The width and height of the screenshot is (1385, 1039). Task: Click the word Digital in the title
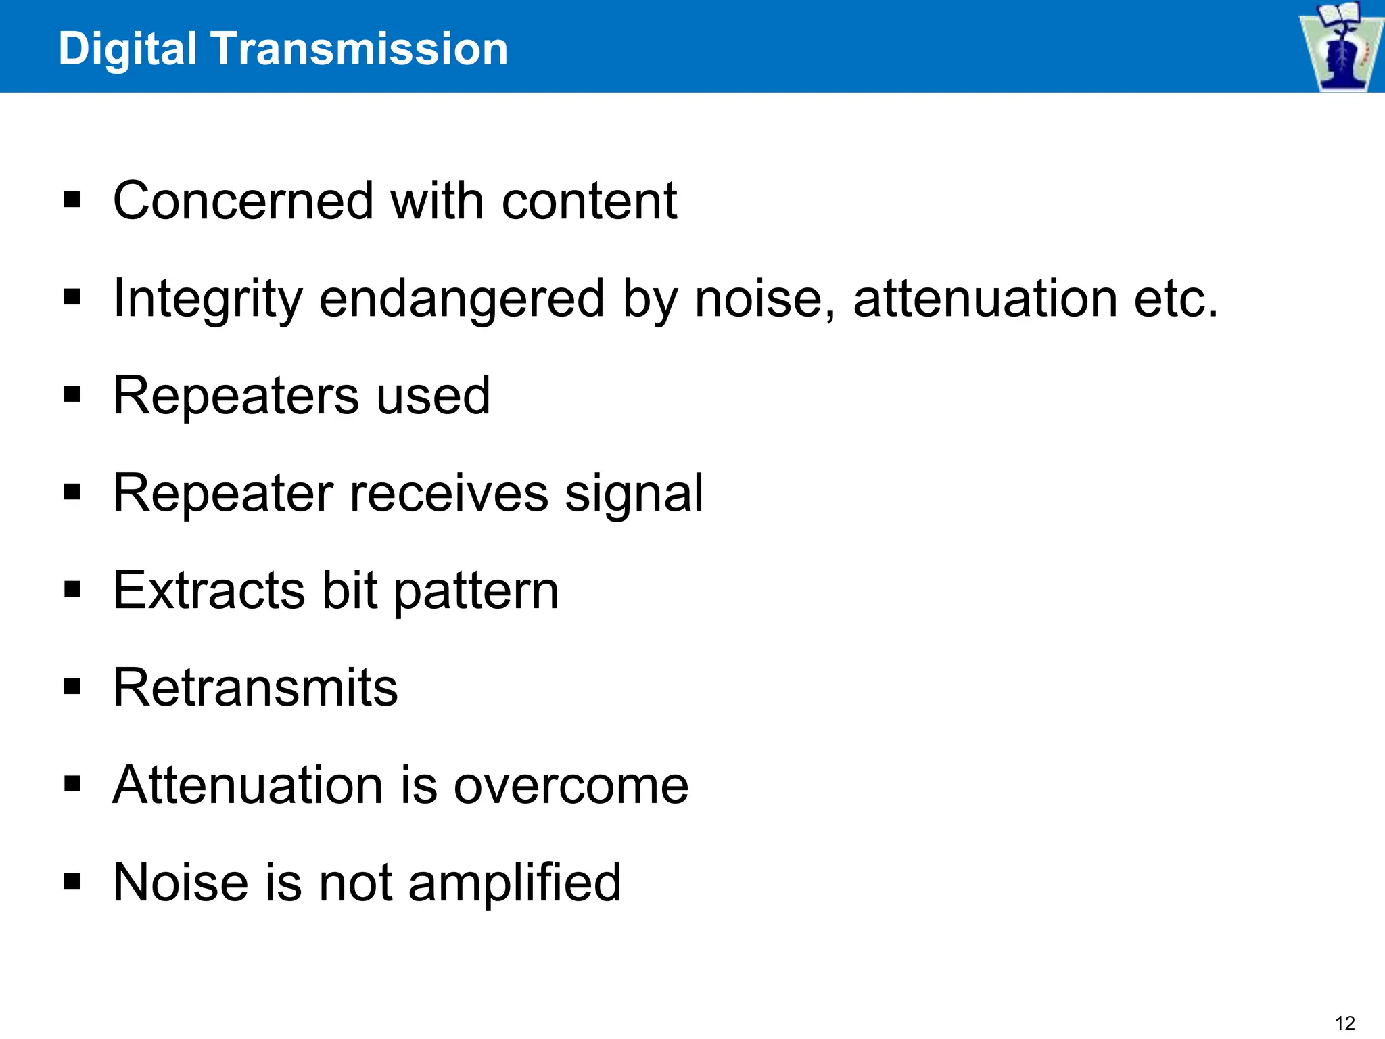128,49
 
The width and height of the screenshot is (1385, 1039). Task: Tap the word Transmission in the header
359,49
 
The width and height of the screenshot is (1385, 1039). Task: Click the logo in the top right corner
1340,46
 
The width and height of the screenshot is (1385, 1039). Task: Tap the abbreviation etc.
1176,298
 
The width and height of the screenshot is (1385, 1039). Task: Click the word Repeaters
236,396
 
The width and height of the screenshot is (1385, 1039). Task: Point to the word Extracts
209,591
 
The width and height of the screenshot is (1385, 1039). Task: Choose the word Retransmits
256,688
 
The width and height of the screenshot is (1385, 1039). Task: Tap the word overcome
571,785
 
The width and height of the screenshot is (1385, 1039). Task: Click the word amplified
515,883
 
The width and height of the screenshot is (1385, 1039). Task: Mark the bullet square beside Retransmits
72,688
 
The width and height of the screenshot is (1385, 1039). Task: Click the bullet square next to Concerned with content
72,201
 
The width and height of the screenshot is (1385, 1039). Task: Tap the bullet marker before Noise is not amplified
72,882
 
